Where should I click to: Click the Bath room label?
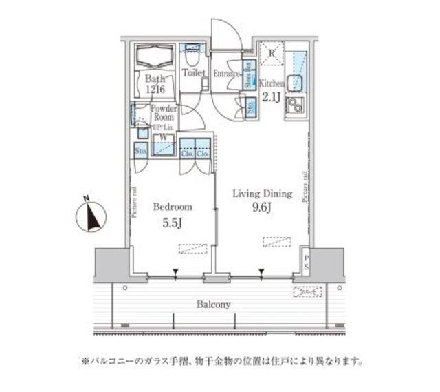click(x=155, y=79)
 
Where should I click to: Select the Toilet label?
click(x=193, y=72)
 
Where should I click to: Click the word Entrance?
click(x=226, y=72)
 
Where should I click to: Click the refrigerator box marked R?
click(x=271, y=54)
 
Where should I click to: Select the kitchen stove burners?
click(x=297, y=106)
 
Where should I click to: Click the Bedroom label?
click(x=173, y=207)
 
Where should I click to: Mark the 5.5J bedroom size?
click(x=172, y=223)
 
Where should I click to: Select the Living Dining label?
click(x=261, y=194)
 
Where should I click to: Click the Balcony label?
click(x=213, y=304)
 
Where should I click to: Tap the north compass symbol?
click(x=90, y=216)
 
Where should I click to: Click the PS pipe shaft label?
click(x=307, y=262)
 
